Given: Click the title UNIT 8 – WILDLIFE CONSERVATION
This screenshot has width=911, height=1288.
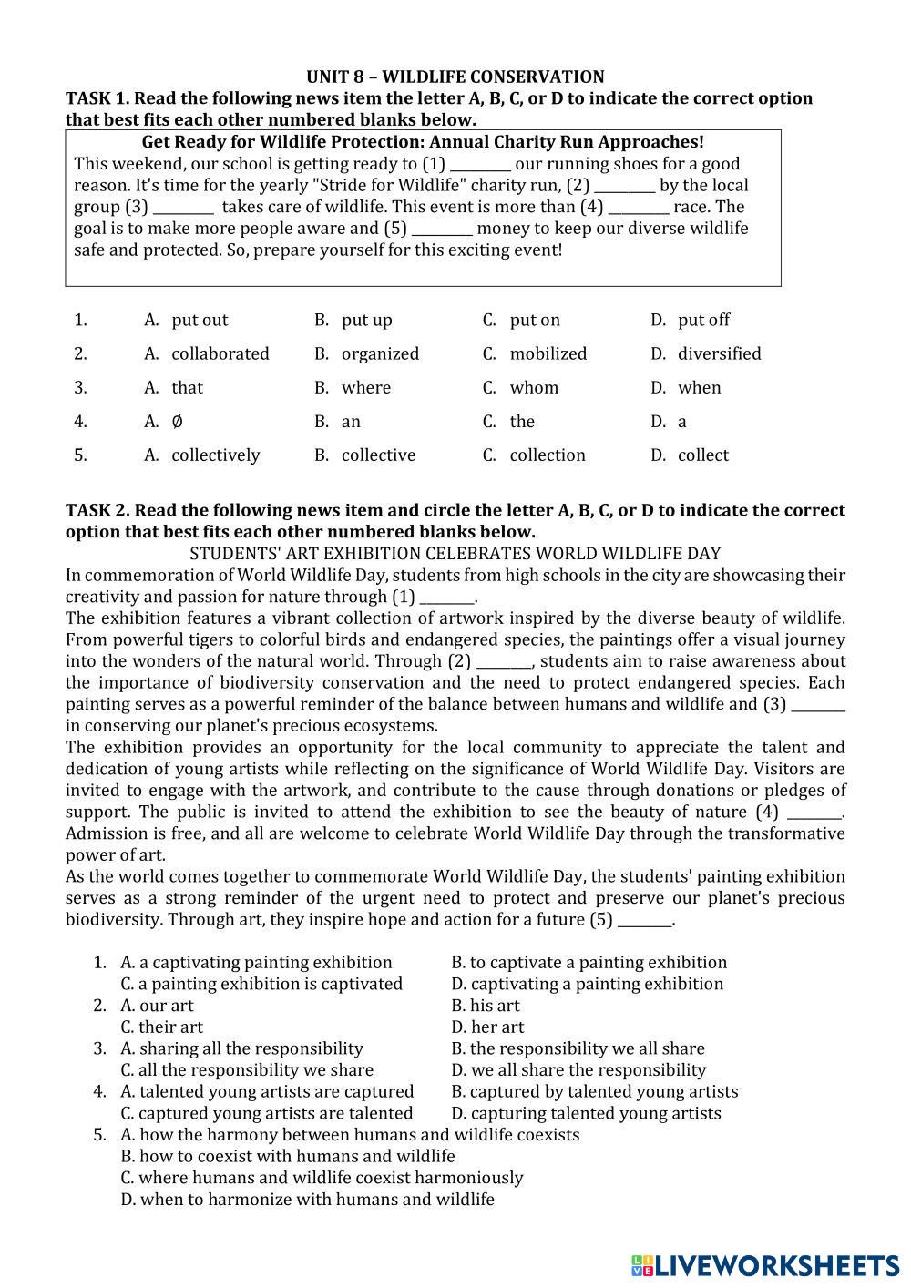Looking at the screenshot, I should (455, 77).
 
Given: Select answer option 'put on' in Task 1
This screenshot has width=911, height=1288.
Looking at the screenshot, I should (534, 320).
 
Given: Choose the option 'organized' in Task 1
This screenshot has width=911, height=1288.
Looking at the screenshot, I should (380, 353).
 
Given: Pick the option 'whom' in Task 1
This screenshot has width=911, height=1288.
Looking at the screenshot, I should (534, 387).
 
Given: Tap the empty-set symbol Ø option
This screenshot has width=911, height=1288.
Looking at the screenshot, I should (177, 421).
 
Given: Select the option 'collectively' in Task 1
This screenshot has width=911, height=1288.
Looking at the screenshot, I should (215, 455).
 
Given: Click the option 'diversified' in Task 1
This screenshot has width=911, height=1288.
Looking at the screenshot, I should (719, 353).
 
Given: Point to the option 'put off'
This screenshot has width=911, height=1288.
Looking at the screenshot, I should (703, 320).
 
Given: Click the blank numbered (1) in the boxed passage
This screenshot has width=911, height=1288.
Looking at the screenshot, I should (480, 165).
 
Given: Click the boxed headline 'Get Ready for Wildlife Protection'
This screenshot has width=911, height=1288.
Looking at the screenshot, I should (423, 142).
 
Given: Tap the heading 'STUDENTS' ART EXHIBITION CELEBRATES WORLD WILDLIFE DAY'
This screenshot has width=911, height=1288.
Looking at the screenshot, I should (455, 553).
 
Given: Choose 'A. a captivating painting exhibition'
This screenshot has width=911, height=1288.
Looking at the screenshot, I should (256, 962).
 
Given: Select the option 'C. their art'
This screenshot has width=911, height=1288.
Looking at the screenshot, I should (161, 1027).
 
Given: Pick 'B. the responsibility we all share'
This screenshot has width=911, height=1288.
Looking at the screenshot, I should (578, 1048).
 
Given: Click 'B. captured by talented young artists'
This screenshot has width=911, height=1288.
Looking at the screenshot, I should (594, 1091).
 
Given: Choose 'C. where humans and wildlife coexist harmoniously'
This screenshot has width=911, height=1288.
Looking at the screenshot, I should (322, 1178).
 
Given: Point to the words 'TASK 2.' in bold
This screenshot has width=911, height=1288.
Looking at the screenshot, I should (97, 510).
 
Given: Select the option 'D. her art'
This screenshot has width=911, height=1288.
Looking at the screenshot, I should (487, 1027).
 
